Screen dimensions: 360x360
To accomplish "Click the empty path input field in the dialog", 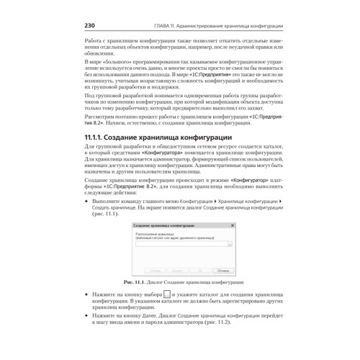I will click(180, 245).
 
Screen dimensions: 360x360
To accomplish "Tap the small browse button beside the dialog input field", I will click(230, 245).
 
